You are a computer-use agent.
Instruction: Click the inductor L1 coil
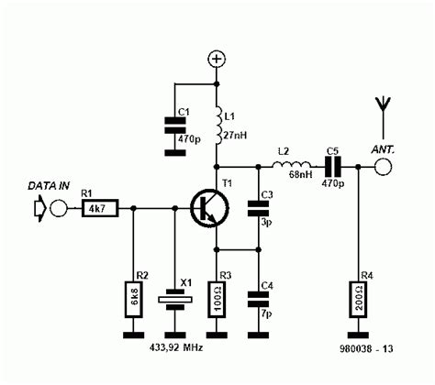pos(217,119)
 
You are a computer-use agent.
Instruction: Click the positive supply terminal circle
pos(217,60)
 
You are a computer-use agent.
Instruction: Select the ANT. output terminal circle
pos(382,167)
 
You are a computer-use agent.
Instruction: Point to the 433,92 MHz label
pos(177,349)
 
